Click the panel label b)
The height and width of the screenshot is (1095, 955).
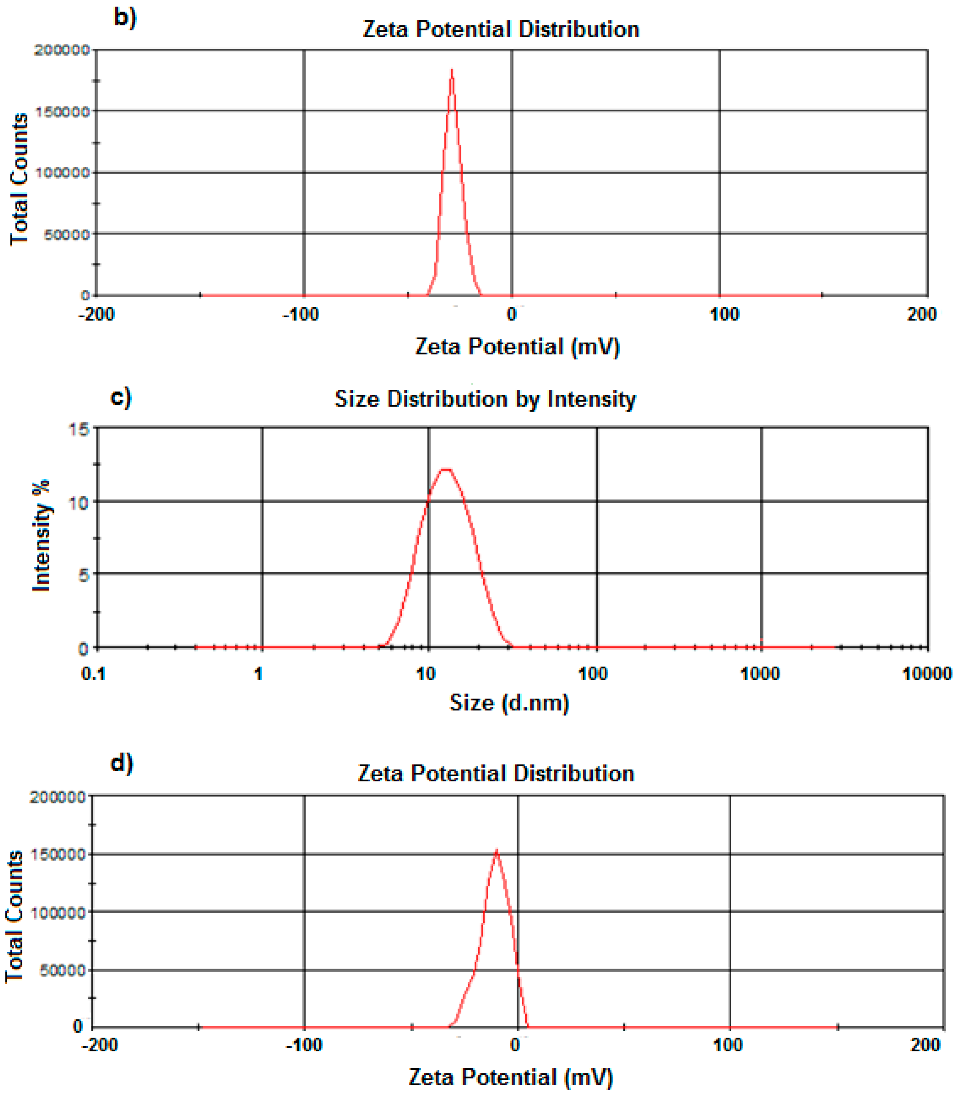pos(125,18)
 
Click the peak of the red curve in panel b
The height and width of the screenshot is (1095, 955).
pos(452,70)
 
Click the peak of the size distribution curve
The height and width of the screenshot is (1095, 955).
pos(446,469)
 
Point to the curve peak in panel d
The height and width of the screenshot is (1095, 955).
pos(497,851)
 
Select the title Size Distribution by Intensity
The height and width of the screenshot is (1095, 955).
pos(485,399)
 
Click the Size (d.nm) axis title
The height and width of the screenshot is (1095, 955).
pos(509,703)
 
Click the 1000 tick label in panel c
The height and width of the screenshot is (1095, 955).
pos(760,674)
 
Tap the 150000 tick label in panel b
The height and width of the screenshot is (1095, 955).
pos(62,112)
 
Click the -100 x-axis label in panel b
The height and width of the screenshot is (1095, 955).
pos(301,314)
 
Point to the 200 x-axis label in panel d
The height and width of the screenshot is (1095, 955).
pos(925,1045)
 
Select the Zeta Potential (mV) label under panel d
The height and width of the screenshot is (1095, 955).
pos(511,1077)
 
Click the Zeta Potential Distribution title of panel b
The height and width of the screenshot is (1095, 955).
pos(501,29)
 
